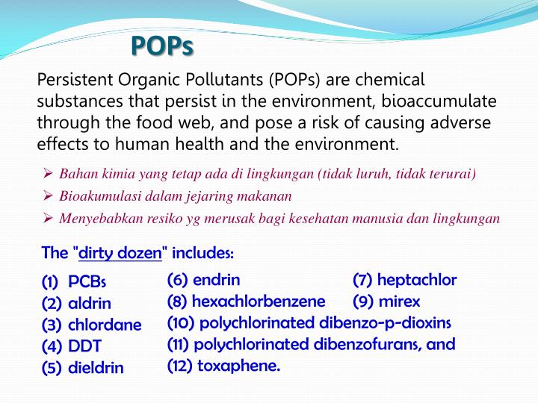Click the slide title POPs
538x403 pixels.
(x=162, y=46)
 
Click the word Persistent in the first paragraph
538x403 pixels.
(x=71, y=80)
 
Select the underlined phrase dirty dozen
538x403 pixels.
(x=120, y=253)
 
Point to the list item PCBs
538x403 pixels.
(x=87, y=282)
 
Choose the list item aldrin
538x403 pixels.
(x=90, y=304)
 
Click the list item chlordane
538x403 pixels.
(x=105, y=325)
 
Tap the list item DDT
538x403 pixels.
(x=84, y=346)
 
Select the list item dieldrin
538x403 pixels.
(x=96, y=368)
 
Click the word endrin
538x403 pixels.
(x=217, y=281)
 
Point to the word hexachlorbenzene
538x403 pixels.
(x=259, y=302)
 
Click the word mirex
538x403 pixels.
(x=400, y=302)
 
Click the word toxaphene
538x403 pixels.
(x=239, y=366)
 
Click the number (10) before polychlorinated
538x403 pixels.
(x=182, y=323)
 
